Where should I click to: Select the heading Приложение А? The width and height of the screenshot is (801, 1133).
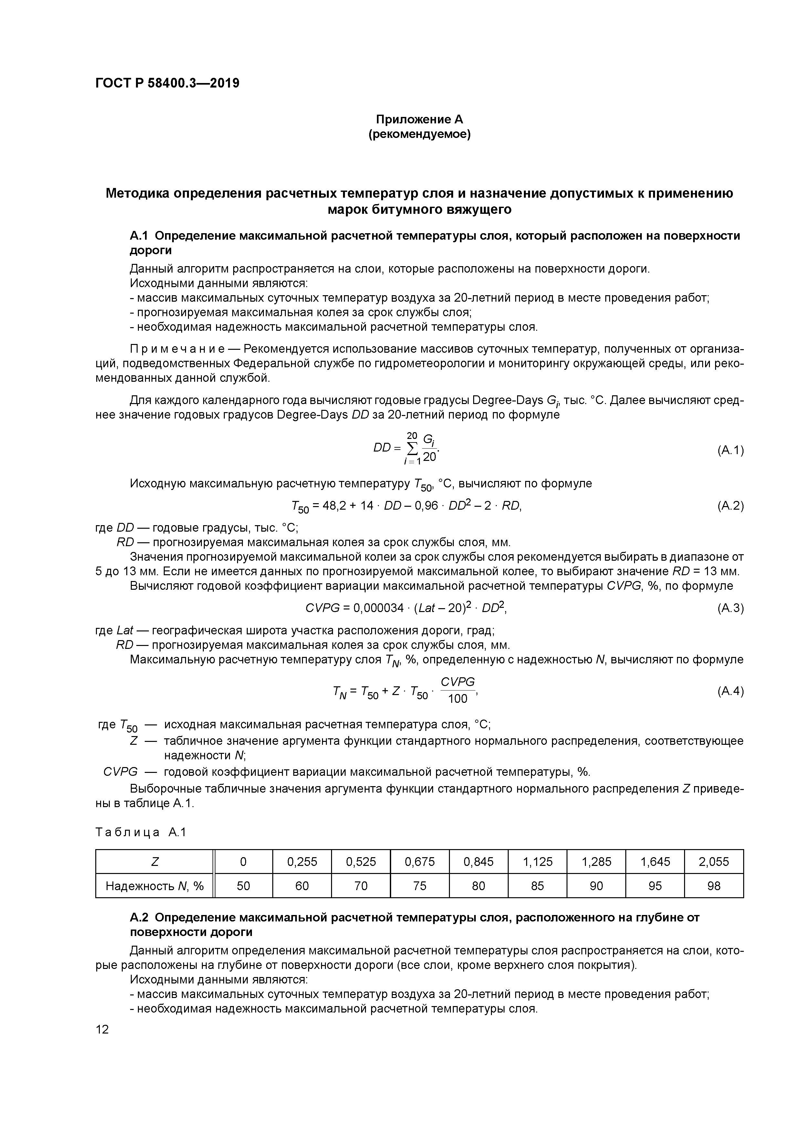coord(420,120)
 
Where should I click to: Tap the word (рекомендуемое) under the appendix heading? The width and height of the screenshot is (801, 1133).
coord(420,134)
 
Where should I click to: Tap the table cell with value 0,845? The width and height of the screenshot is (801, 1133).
coord(478,862)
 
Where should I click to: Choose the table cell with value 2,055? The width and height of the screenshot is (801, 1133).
coord(714,862)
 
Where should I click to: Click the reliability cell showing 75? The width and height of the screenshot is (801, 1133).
coord(420,886)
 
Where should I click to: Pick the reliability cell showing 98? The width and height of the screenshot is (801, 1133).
coord(714,886)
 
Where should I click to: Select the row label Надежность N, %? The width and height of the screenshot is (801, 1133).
coord(154,886)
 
